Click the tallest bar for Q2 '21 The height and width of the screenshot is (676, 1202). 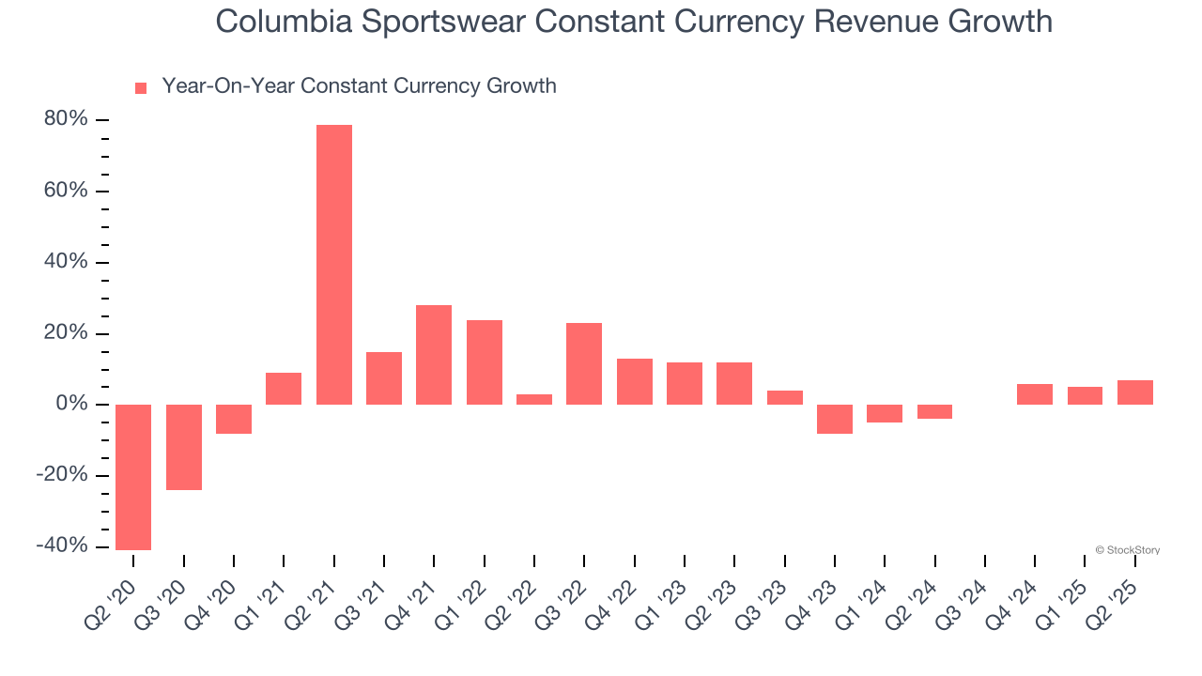click(x=333, y=265)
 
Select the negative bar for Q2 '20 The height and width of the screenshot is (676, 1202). click(x=133, y=477)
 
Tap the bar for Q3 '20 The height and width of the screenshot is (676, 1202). click(x=184, y=447)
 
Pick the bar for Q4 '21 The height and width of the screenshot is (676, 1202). click(x=434, y=355)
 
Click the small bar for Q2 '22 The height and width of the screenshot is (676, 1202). click(x=534, y=399)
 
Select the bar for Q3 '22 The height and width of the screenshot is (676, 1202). click(x=584, y=363)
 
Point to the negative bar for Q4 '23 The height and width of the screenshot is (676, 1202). click(x=835, y=419)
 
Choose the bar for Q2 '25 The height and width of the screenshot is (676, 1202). click(x=1135, y=392)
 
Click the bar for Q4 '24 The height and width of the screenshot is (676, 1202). click(x=1035, y=394)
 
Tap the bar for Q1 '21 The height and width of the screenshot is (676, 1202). click(x=284, y=389)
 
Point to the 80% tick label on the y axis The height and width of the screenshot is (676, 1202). click(x=67, y=120)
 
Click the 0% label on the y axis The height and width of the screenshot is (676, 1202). click(x=72, y=405)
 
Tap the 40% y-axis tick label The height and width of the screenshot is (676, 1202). click(x=67, y=262)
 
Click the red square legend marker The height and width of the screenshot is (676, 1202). click(x=141, y=88)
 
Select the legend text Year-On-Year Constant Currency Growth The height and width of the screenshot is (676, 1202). click(x=359, y=86)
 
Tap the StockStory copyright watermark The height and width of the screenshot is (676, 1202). click(x=1127, y=550)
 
